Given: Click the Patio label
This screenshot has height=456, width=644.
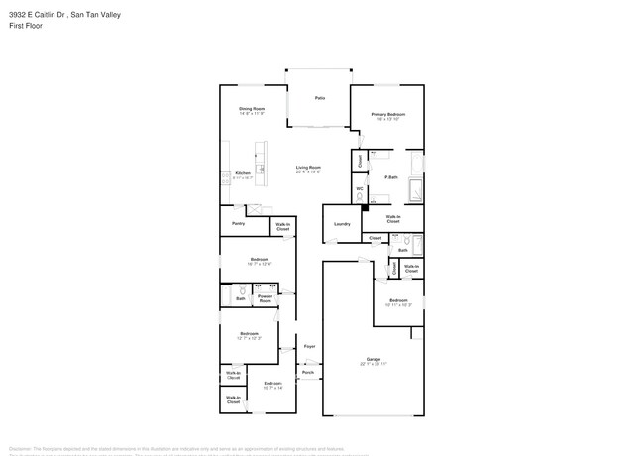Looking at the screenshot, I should click(319, 98).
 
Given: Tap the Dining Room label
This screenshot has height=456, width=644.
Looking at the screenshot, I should click(251, 110).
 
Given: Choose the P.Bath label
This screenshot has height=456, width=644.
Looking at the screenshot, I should click(391, 177).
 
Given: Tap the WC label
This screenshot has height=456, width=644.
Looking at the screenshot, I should click(359, 189).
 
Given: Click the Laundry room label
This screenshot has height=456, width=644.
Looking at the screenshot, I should click(342, 224).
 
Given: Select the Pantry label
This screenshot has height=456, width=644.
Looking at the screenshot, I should click(238, 224).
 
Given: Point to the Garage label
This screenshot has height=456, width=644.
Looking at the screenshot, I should click(374, 360).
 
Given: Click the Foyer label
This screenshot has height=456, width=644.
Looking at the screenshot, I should click(309, 347).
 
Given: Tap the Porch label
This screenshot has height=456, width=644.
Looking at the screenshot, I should click(308, 373).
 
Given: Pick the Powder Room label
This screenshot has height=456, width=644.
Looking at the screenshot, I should click(265, 297).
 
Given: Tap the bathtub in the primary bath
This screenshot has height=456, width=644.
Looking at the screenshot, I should click(416, 189).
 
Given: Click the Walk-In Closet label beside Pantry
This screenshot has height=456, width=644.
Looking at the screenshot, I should click(283, 226).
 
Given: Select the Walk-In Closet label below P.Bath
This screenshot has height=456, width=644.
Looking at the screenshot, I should click(393, 218).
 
